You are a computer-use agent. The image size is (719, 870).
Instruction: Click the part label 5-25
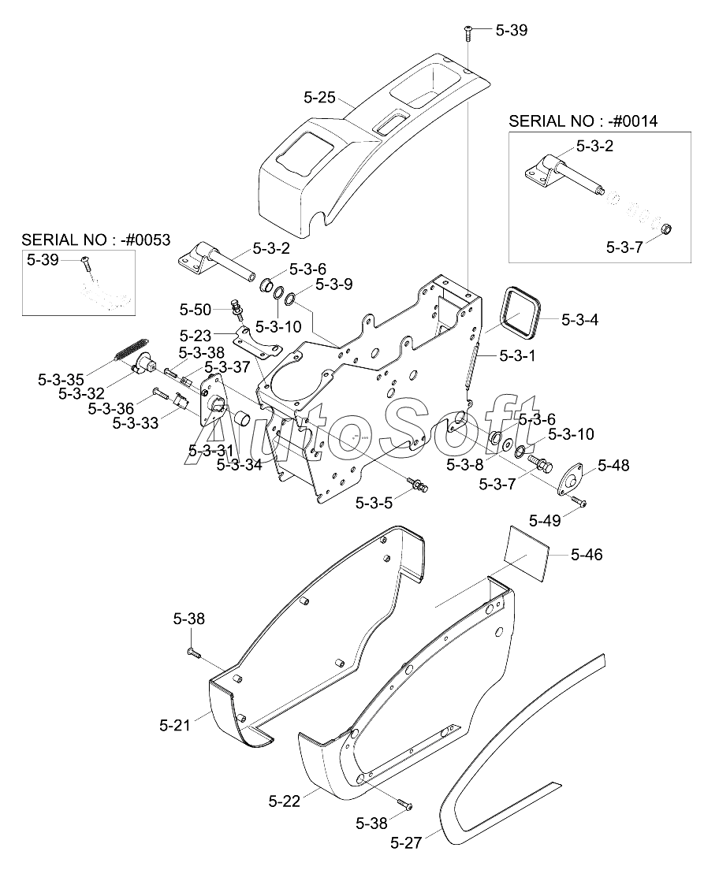tap(320, 98)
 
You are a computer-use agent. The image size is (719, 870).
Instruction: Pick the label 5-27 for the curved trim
tap(406, 843)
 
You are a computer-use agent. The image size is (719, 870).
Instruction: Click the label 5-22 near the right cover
tap(285, 801)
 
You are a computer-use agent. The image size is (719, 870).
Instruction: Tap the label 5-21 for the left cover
tap(175, 725)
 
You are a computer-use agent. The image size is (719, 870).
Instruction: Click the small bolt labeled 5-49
tap(579, 501)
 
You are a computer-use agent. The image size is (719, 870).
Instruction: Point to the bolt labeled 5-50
tap(237, 310)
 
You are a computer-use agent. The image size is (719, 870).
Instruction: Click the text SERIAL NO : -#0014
tap(583, 121)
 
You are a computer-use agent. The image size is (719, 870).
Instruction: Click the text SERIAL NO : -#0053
tap(96, 240)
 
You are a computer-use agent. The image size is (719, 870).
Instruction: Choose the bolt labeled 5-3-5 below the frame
tap(417, 484)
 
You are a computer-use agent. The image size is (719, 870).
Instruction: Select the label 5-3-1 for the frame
tap(517, 355)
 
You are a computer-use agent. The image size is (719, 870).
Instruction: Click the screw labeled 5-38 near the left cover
tap(194, 652)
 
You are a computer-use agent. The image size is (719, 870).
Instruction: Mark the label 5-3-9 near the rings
tap(333, 284)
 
